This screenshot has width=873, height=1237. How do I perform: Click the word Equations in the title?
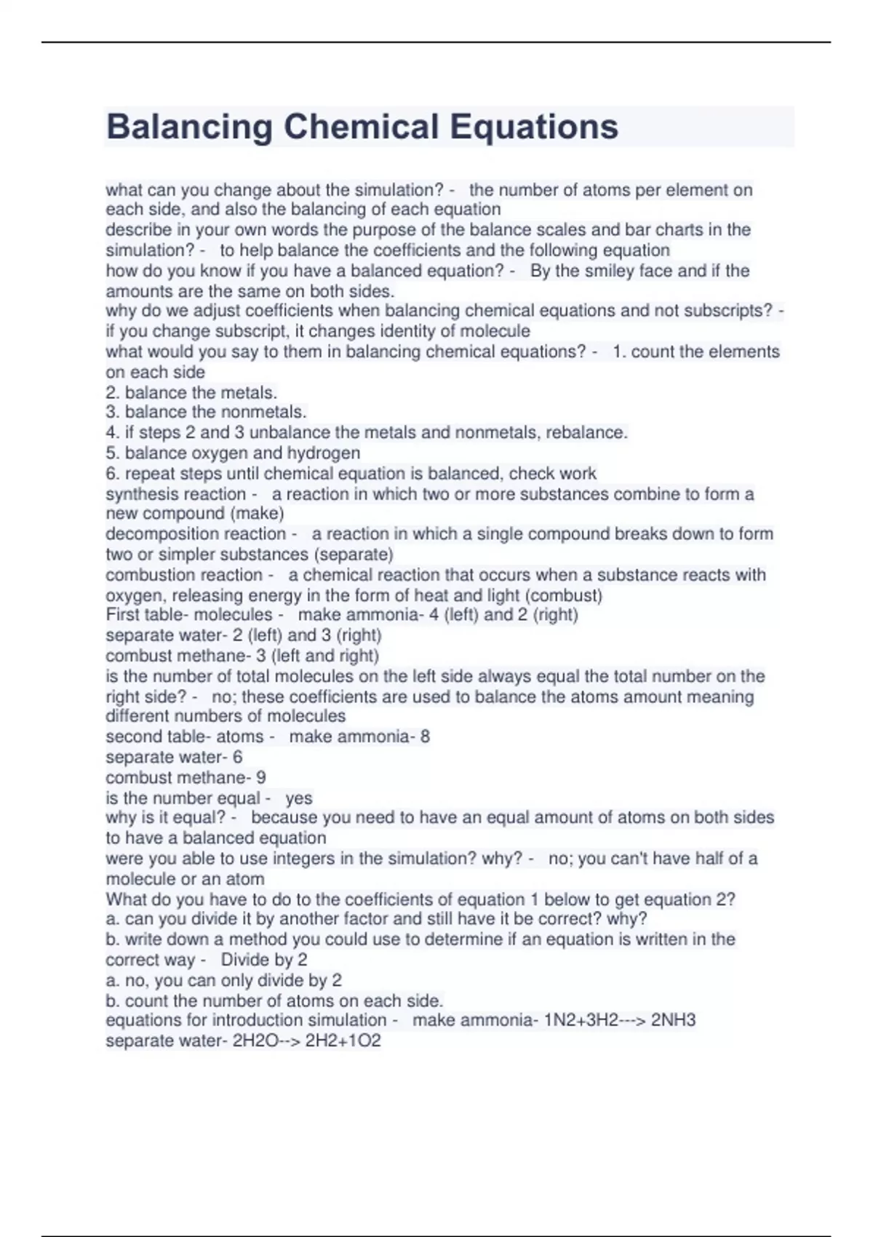point(534,127)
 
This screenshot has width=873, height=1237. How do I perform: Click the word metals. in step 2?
point(250,393)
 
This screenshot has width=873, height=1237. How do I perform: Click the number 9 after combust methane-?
point(261,778)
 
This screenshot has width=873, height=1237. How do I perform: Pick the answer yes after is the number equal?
point(298,798)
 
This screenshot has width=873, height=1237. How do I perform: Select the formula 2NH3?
point(673,1020)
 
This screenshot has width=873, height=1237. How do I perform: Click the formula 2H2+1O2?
point(343,1041)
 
